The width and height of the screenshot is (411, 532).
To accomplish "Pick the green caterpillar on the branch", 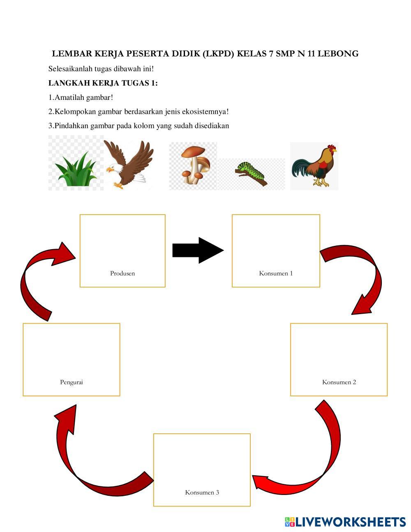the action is (x=252, y=173).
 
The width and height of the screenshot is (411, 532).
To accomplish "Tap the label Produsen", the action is (x=122, y=273).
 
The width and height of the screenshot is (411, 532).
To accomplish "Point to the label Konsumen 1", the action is (x=276, y=273).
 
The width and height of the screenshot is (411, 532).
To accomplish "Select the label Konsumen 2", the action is (x=339, y=382).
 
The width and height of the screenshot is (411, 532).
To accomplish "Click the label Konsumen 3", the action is (x=202, y=492).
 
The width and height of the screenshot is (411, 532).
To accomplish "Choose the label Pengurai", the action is (x=72, y=382).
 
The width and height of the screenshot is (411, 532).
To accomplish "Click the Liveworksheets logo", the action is (x=345, y=522).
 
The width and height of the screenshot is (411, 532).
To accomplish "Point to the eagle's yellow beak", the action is (x=109, y=169).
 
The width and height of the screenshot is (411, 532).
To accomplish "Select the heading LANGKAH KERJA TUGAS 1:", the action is (x=103, y=83).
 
